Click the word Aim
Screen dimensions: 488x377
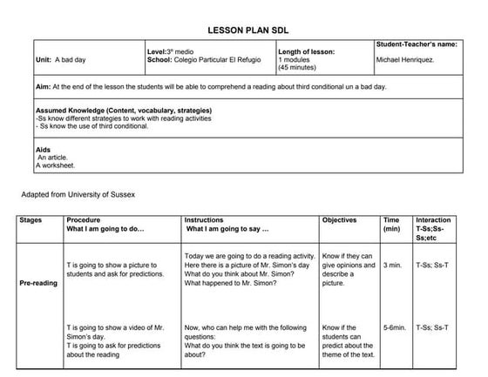(x=43, y=87)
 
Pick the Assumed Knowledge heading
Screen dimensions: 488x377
(x=123, y=111)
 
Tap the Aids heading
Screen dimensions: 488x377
(x=44, y=150)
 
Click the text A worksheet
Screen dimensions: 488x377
(x=56, y=165)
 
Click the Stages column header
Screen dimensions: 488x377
(x=30, y=220)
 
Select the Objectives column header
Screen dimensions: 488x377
(x=340, y=220)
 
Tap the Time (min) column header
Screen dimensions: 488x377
(x=391, y=225)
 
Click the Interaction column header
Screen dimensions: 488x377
(x=433, y=220)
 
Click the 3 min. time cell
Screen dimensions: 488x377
(x=391, y=265)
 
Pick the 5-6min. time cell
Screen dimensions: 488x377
(x=395, y=327)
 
